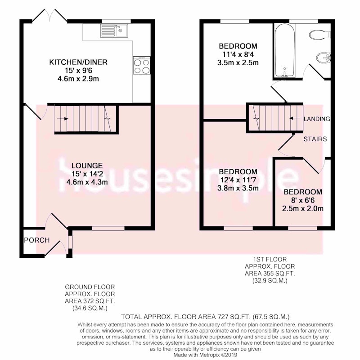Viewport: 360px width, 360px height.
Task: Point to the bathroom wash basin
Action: click(324, 58)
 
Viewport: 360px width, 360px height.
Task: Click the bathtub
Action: click(284, 51)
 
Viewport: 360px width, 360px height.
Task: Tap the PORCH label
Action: click(37, 240)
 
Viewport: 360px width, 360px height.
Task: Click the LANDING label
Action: click(317, 119)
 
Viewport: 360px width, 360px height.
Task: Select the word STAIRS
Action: click(315, 139)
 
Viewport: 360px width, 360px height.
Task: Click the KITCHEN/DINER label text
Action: click(78, 62)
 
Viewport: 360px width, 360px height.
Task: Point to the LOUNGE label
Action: click(87, 166)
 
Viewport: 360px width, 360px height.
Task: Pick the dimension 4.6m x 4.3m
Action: click(87, 182)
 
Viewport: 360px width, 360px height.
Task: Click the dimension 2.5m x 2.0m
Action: click(302, 208)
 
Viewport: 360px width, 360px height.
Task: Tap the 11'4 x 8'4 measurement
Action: click(238, 54)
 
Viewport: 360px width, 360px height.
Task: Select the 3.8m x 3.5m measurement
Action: click(238, 188)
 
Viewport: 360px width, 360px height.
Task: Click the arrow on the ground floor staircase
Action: click(63, 119)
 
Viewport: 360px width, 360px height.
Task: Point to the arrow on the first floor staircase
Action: click(295, 118)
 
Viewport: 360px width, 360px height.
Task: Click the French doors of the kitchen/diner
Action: click(49, 16)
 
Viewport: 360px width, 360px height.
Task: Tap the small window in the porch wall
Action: click(70, 242)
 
